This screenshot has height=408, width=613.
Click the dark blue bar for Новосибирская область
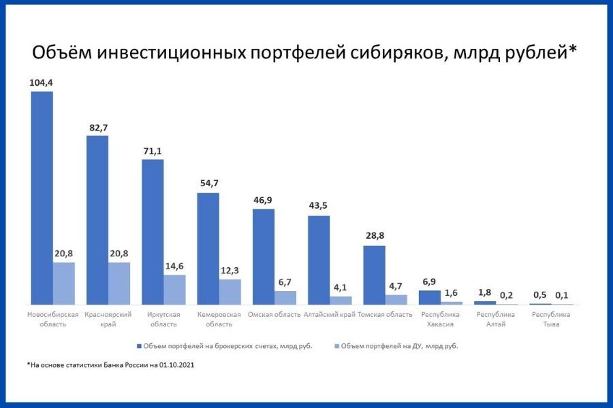pos(42,198)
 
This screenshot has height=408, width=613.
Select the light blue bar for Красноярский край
pos(119,284)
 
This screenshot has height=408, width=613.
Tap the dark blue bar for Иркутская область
pos(153,232)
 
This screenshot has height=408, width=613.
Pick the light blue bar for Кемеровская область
pos(230,292)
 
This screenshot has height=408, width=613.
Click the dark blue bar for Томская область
pos(374,275)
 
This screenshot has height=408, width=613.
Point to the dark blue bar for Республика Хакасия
pos(429,297)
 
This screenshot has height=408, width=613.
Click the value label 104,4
pos(42,82)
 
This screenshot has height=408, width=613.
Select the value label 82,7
pos(97,127)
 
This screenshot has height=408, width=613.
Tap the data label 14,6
pos(175,267)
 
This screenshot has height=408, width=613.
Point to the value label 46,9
pos(264,200)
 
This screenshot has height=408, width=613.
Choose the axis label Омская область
pos(274,315)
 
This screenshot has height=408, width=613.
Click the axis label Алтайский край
pos(330,315)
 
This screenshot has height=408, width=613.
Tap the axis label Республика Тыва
pos(551,319)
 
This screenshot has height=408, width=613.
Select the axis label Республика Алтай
pos(495,319)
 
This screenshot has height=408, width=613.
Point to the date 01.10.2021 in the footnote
pos(176,365)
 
